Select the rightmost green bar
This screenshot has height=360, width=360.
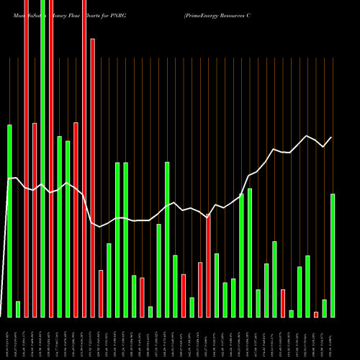(x=333, y=255)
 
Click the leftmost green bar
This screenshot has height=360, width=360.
(x=10, y=220)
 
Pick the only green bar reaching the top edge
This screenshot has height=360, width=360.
(x=43, y=158)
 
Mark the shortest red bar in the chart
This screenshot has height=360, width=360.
(x=316, y=314)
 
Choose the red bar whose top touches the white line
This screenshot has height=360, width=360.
(x=209, y=266)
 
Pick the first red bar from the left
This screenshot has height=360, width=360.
(x=27, y=158)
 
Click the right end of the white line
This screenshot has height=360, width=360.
(x=332, y=138)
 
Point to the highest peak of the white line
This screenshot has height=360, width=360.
(x=307, y=135)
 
